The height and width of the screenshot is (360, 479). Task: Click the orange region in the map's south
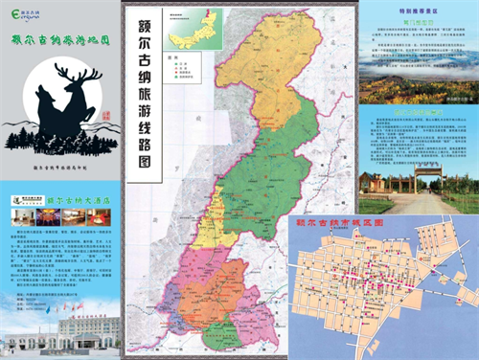[x=230, y=287]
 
